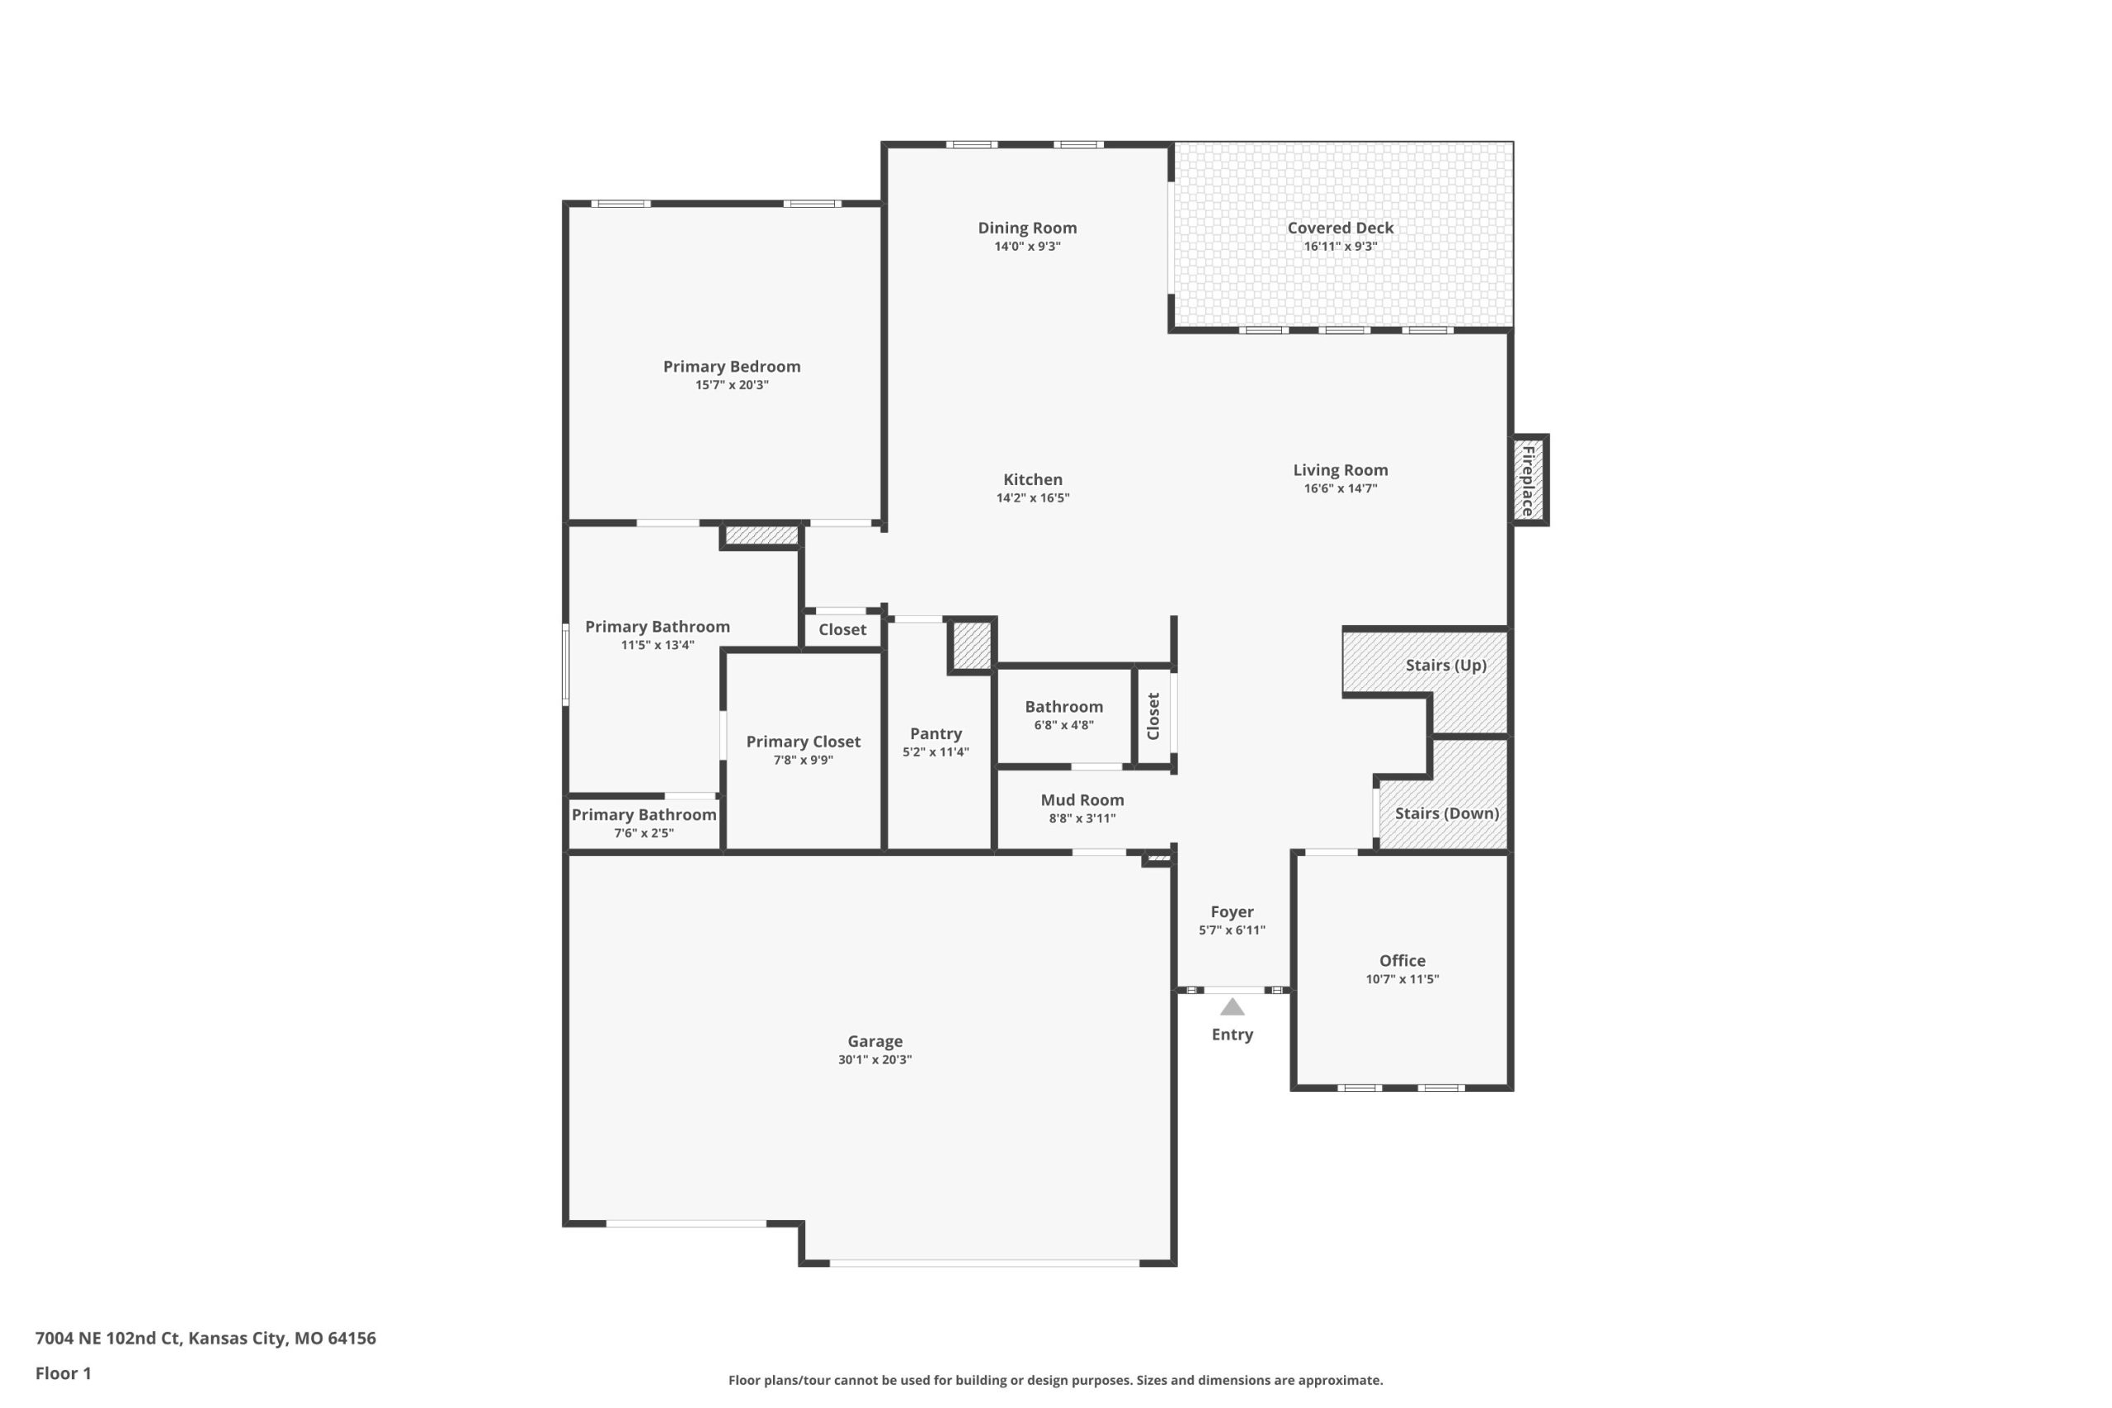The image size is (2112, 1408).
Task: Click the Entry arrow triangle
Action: point(1232,1006)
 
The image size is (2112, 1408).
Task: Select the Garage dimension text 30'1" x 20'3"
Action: point(874,1060)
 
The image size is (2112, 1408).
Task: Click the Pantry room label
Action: point(936,733)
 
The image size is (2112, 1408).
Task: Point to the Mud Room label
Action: point(1082,799)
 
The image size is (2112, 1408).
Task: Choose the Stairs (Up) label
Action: point(1445,666)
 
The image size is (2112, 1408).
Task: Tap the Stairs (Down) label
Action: point(1446,813)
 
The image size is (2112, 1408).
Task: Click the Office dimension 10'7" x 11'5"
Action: point(1402,979)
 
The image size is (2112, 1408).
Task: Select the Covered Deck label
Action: point(1340,228)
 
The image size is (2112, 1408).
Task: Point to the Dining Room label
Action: point(1027,228)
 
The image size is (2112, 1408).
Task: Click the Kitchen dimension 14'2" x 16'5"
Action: point(1033,497)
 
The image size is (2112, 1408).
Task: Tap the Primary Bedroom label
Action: point(732,366)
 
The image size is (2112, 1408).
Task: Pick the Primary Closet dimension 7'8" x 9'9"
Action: point(803,760)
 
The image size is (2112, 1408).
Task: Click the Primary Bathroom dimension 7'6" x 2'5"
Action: point(643,832)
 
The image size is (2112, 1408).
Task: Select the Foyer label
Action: point(1232,911)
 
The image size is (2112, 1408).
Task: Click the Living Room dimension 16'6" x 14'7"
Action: point(1340,488)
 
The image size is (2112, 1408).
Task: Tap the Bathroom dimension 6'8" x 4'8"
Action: point(1063,725)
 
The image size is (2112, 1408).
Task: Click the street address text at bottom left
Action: point(205,1338)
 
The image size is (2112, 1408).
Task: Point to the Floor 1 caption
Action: point(63,1373)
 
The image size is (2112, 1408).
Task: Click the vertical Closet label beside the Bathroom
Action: point(1154,716)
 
